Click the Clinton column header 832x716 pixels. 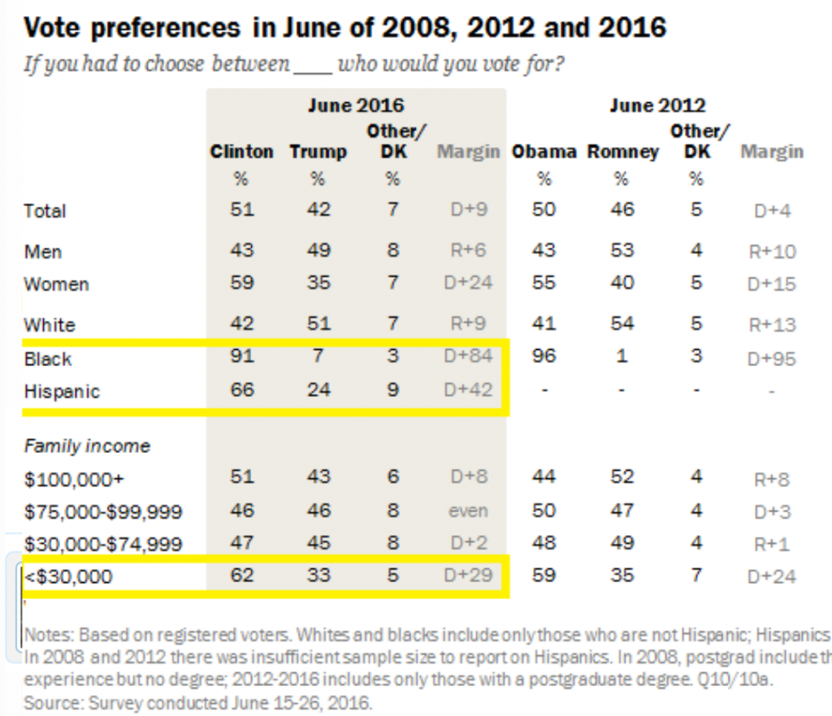241,152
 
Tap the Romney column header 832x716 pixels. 622,152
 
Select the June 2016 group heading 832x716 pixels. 355,106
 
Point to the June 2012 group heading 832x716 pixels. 657,106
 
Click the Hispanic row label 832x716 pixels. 62,391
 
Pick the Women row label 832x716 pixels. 56,284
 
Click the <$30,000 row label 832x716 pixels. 68,577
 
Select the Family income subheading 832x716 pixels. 87,446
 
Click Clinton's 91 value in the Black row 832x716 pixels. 241,358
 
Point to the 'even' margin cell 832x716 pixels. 469,511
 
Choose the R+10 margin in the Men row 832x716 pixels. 772,252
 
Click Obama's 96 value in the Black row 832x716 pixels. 544,358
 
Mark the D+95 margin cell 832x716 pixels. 772,359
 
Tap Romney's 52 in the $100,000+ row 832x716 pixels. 622,477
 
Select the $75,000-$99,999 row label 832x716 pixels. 103,512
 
